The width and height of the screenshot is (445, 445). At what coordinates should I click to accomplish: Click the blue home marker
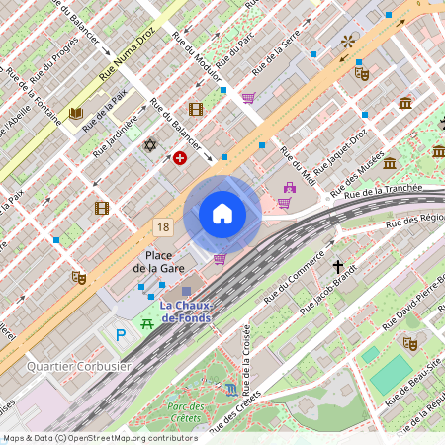click(x=222, y=214)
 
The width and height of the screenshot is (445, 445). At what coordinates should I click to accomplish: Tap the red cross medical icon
click(x=180, y=158)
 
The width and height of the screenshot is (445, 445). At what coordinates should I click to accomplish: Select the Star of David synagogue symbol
click(x=150, y=145)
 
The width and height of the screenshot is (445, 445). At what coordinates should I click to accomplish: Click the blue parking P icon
click(x=122, y=336)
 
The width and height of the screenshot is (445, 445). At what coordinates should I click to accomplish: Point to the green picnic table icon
click(x=147, y=321)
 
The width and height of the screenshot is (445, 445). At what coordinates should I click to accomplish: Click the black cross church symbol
click(x=338, y=267)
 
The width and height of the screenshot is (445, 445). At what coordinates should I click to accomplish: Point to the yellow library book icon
click(x=75, y=113)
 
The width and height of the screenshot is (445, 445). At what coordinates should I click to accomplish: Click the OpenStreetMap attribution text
click(x=99, y=438)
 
